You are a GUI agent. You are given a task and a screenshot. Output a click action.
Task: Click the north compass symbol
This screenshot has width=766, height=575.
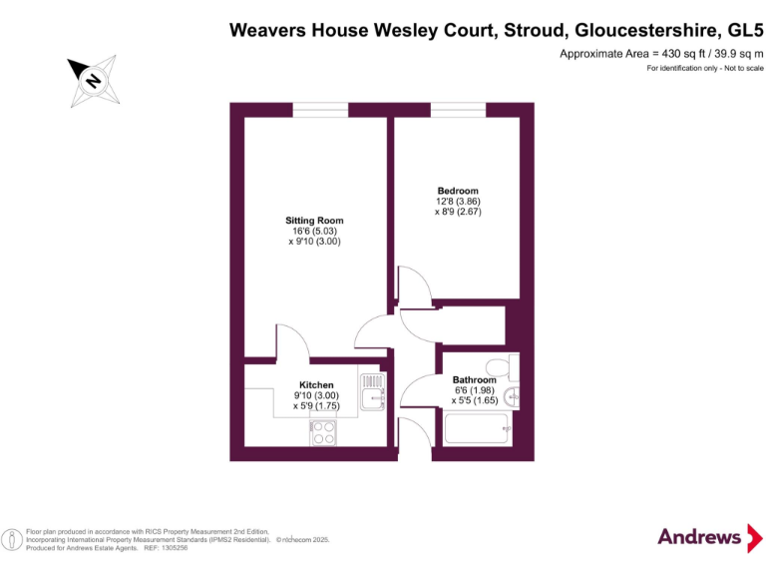coord(93,80)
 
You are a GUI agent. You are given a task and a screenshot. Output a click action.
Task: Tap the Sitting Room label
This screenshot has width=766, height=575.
coord(314,221)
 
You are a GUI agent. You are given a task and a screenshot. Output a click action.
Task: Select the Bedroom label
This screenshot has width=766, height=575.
coord(458,191)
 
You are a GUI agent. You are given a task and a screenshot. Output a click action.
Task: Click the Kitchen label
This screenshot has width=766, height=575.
coord(317,384)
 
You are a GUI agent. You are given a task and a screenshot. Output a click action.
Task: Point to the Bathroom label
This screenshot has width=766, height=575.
coord(474,380)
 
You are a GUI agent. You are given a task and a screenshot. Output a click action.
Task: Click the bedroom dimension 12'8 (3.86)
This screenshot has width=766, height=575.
coord(458,202)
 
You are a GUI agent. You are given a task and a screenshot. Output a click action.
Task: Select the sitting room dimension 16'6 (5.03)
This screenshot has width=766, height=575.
coord(314,232)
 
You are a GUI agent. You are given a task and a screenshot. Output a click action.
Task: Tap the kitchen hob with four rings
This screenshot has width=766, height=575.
coord(323,432)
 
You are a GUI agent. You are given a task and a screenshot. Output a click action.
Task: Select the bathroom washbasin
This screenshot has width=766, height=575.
coord(513,396)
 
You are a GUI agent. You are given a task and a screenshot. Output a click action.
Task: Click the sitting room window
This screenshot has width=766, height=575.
coord(313,109)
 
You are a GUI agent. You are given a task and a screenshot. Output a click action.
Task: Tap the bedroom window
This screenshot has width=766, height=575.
coord(458,109)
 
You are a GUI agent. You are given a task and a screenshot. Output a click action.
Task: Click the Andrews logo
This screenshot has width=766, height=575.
coord(701,536)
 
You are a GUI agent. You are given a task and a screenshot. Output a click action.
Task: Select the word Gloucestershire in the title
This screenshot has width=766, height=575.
coord(639,31)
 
